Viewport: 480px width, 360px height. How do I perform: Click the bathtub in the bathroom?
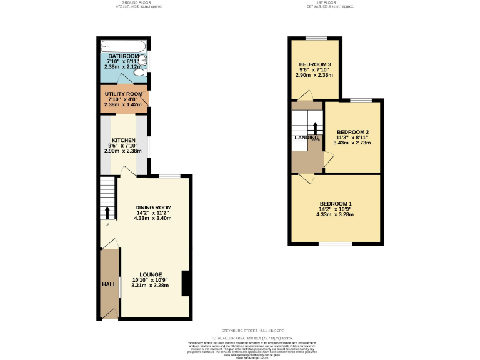[123, 46]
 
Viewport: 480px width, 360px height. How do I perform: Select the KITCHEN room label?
[124, 140]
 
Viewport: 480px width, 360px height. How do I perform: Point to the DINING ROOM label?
[153, 207]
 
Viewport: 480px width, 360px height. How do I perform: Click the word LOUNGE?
[151, 274]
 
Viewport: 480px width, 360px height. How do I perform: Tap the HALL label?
[109, 284]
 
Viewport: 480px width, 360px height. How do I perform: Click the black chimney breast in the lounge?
[186, 283]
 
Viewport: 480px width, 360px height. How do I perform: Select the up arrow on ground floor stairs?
[107, 212]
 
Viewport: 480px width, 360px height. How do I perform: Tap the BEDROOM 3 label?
[314, 65]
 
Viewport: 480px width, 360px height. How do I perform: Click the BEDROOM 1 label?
[336, 204]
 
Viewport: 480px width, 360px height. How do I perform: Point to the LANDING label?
[306, 137]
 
